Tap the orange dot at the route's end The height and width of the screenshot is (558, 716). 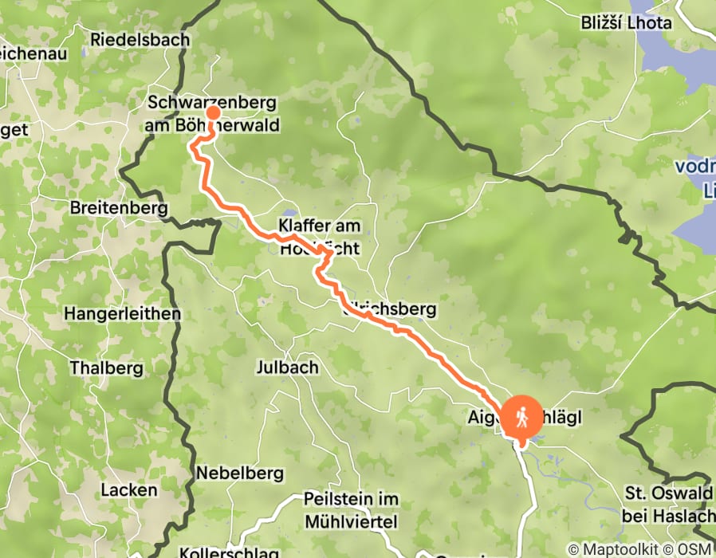[x=213, y=112]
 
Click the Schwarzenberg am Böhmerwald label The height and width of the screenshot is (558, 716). [x=211, y=113]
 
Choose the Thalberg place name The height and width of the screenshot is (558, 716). [x=106, y=368]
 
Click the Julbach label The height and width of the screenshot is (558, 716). [x=287, y=367]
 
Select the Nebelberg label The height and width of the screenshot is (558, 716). [x=240, y=473]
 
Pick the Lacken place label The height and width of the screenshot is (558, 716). [x=129, y=489]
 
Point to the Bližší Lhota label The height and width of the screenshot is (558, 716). [x=626, y=22]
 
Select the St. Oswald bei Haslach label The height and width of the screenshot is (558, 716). [x=667, y=504]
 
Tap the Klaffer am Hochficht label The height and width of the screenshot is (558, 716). [x=319, y=237]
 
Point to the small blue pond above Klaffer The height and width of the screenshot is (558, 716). [x=288, y=214]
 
